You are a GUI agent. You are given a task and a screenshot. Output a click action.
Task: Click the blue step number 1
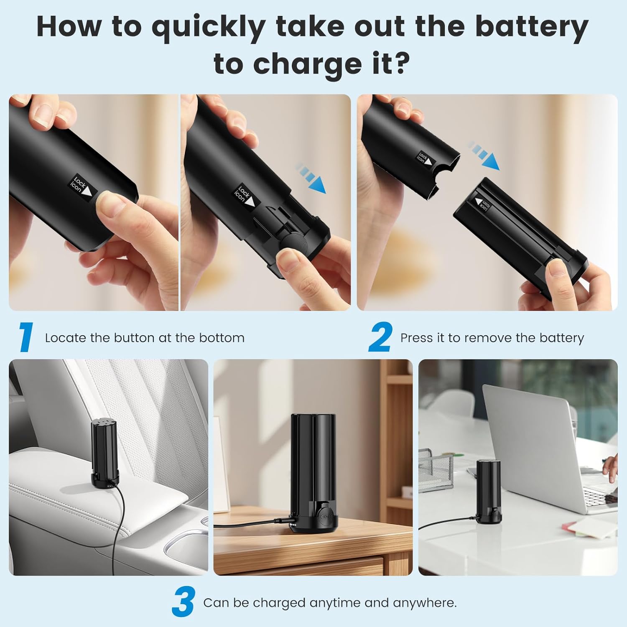click(x=26, y=337)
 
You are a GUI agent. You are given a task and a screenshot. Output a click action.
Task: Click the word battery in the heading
click(x=532, y=27)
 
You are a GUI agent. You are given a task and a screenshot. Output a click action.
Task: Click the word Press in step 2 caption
click(x=416, y=338)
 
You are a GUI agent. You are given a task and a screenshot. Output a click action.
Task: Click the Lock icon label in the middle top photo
click(x=246, y=196)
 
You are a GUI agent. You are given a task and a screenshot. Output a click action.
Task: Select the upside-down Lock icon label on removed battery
click(x=482, y=204)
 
